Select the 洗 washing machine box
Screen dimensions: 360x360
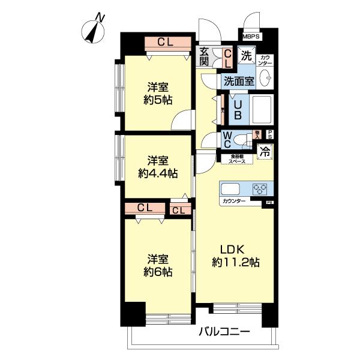coord(246,56)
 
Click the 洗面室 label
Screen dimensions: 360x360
coord(239,79)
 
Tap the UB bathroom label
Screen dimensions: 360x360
coord(238,108)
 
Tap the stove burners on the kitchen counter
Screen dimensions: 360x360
coord(260,188)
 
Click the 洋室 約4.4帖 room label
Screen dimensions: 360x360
coord(158,167)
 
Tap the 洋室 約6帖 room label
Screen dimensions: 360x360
coord(158,265)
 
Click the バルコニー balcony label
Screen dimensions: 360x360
coord(224,332)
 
